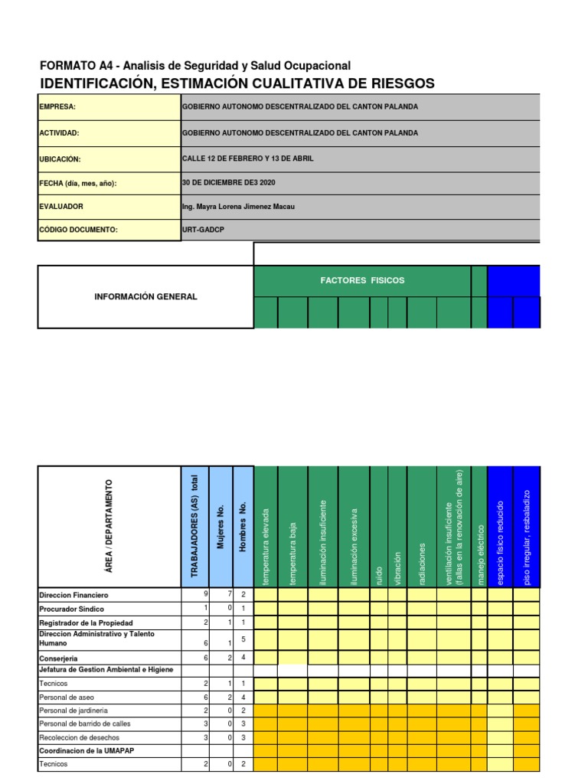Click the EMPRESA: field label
57,107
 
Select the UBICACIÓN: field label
60,159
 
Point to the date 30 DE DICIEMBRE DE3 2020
228,182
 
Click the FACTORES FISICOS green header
362,281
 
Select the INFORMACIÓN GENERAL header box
145,297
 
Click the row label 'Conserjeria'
58,658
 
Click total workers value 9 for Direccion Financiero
205,595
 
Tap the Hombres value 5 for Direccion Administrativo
243,639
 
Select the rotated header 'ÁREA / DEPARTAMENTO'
109,527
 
